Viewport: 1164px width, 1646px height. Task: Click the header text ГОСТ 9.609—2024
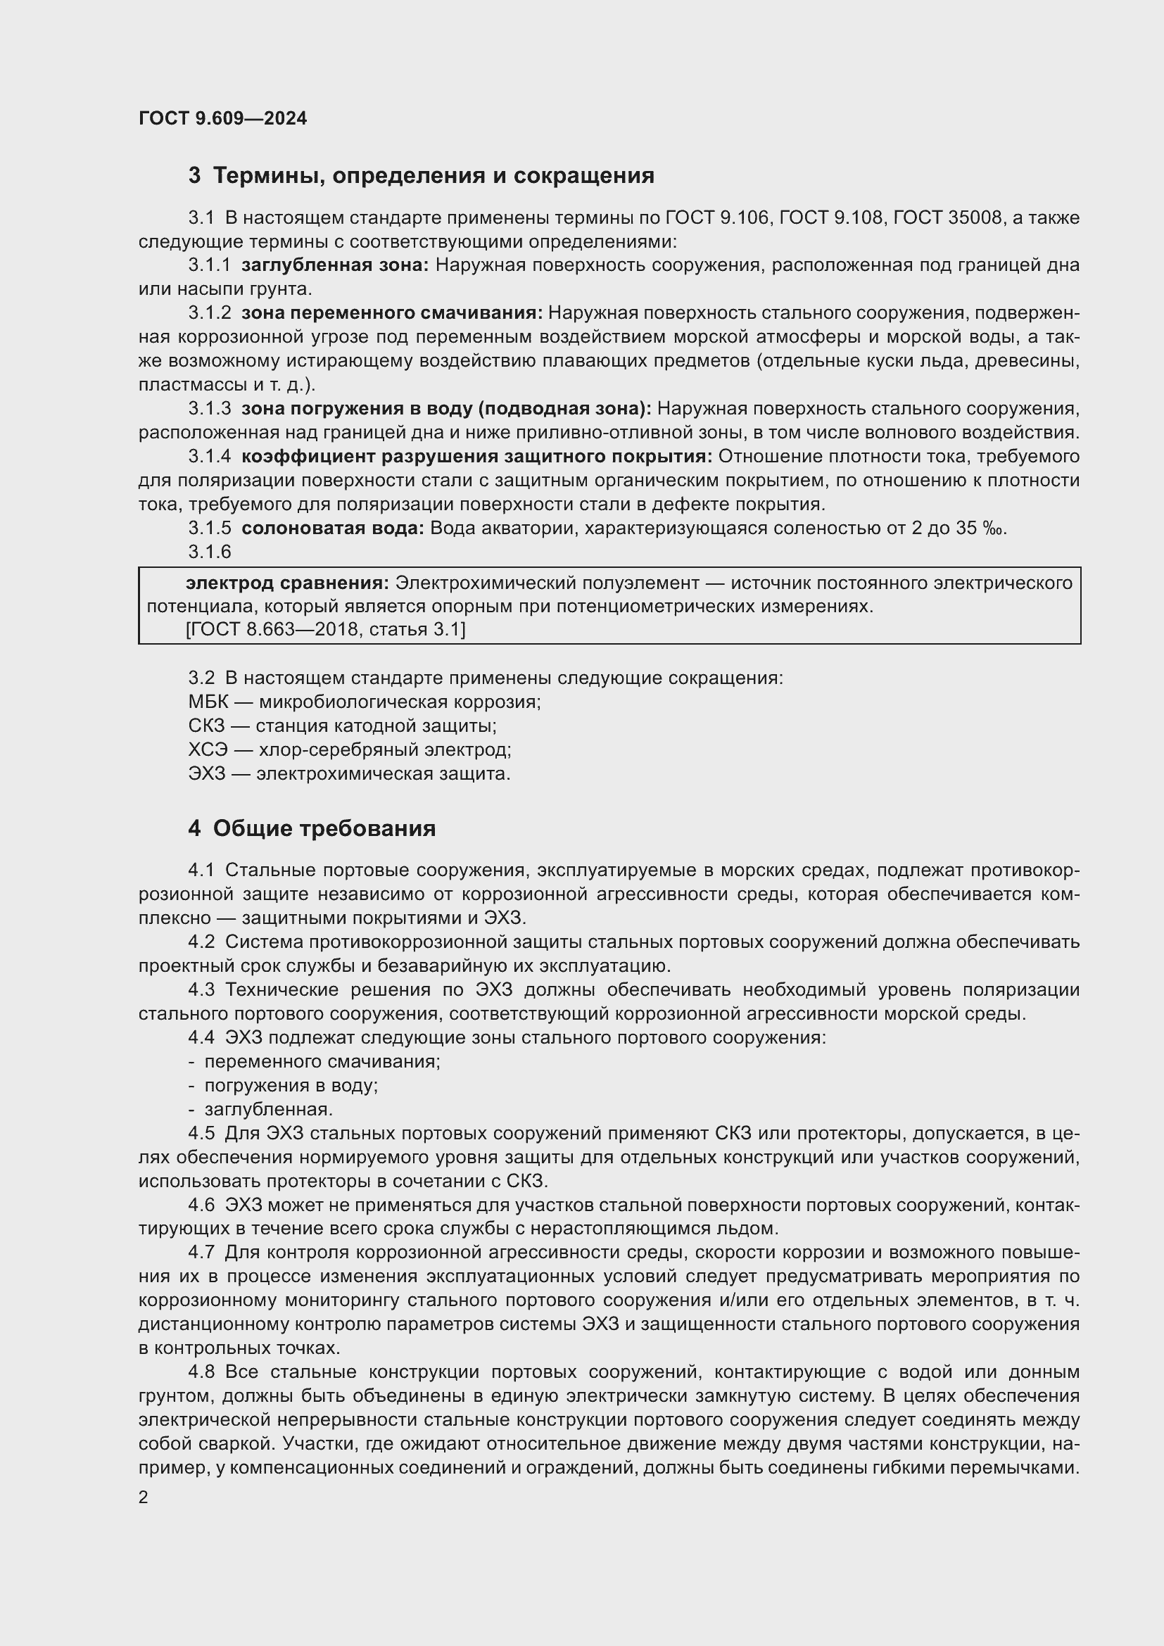(x=222, y=118)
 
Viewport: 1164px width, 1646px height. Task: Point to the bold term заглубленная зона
(x=334, y=265)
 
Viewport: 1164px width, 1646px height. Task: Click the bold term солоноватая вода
(x=333, y=528)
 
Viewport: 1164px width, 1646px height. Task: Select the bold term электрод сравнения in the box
(x=286, y=583)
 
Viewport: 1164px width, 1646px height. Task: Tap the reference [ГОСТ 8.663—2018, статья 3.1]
(x=325, y=629)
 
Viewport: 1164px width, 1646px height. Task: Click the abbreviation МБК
(x=208, y=702)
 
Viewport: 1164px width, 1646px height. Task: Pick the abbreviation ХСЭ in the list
(x=208, y=750)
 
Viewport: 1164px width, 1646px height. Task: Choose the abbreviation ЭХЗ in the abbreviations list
(x=206, y=773)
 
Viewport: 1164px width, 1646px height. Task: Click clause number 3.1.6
(x=209, y=551)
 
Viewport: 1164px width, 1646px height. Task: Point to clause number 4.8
(x=201, y=1372)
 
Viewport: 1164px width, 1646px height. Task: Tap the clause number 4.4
(x=201, y=1038)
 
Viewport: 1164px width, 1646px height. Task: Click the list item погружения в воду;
(x=291, y=1085)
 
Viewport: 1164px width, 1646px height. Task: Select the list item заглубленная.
(x=268, y=1110)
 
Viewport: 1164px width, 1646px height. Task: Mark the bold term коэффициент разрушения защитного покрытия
(x=476, y=457)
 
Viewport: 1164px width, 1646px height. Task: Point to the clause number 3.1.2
(x=209, y=313)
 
